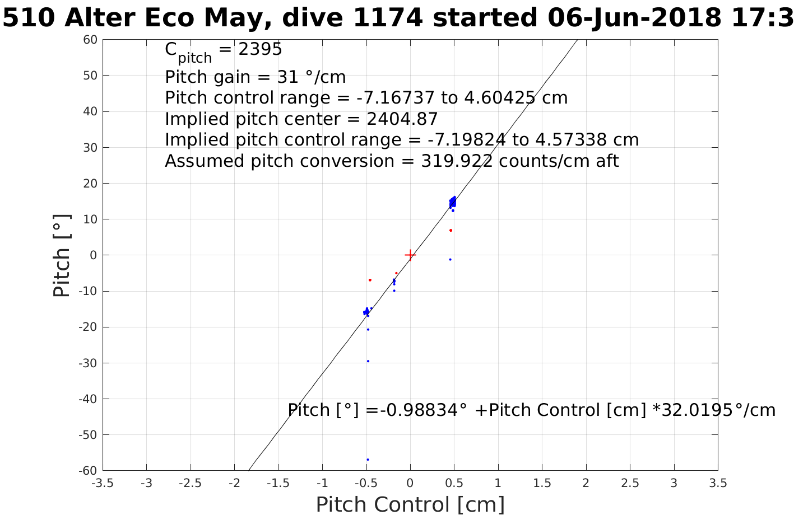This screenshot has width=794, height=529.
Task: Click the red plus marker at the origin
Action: click(410, 255)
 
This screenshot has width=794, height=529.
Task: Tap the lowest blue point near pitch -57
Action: click(368, 460)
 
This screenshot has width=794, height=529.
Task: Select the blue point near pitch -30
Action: click(368, 361)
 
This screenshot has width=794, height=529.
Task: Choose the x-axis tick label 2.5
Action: click(630, 483)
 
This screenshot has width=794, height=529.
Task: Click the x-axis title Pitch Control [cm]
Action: click(410, 505)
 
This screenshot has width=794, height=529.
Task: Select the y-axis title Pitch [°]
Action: click(62, 255)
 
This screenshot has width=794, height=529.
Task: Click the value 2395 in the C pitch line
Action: click(260, 50)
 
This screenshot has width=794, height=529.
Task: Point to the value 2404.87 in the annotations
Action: click(402, 119)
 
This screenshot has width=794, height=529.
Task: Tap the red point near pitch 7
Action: click(451, 230)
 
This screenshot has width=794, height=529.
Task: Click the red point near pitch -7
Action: click(370, 280)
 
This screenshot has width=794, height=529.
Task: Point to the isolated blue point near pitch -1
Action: click(450, 259)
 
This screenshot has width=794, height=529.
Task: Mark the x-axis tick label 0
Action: click(410, 483)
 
